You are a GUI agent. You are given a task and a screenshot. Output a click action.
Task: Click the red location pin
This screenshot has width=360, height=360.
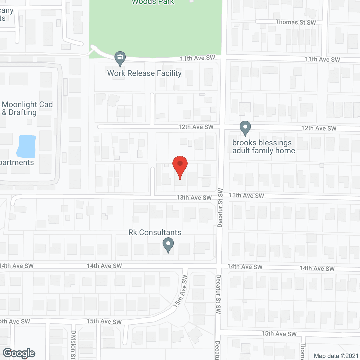180,166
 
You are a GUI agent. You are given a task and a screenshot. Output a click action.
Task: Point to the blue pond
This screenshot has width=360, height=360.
26,146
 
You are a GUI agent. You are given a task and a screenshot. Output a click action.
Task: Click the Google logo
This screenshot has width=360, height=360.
19,353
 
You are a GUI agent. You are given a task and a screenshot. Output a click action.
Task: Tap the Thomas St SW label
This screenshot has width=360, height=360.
296,22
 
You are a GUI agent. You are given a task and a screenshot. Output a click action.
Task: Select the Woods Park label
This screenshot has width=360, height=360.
153,2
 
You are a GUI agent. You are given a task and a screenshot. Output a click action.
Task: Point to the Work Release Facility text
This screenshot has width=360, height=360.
144,73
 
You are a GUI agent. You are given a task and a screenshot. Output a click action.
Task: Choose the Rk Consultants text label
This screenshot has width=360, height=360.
155,232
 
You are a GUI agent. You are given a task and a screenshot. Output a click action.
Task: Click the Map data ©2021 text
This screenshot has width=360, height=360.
336,356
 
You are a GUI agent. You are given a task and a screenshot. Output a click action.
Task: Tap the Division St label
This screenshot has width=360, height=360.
73,345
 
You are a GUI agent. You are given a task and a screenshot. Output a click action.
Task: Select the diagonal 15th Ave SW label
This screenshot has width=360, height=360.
180,291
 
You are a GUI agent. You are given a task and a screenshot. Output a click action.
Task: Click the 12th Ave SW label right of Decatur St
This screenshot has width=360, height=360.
319,128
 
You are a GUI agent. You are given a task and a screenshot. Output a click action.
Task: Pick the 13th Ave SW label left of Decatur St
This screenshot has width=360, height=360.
194,197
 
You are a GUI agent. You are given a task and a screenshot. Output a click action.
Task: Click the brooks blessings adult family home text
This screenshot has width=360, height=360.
264,147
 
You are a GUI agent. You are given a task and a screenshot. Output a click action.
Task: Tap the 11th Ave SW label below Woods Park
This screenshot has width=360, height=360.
197,58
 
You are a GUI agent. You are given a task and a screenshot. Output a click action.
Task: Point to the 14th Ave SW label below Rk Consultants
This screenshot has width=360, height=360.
104,266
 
